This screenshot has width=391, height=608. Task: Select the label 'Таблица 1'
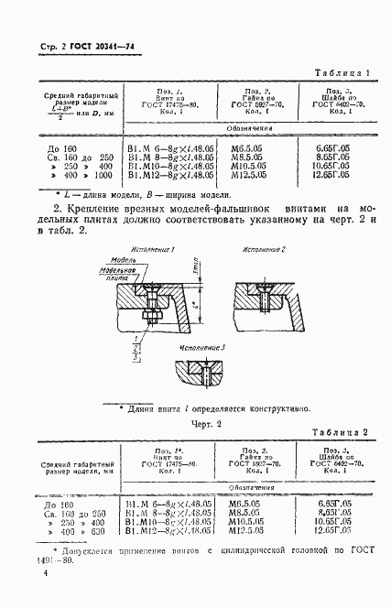coord(342,72)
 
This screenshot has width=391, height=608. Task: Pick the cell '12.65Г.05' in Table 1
coord(332,174)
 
